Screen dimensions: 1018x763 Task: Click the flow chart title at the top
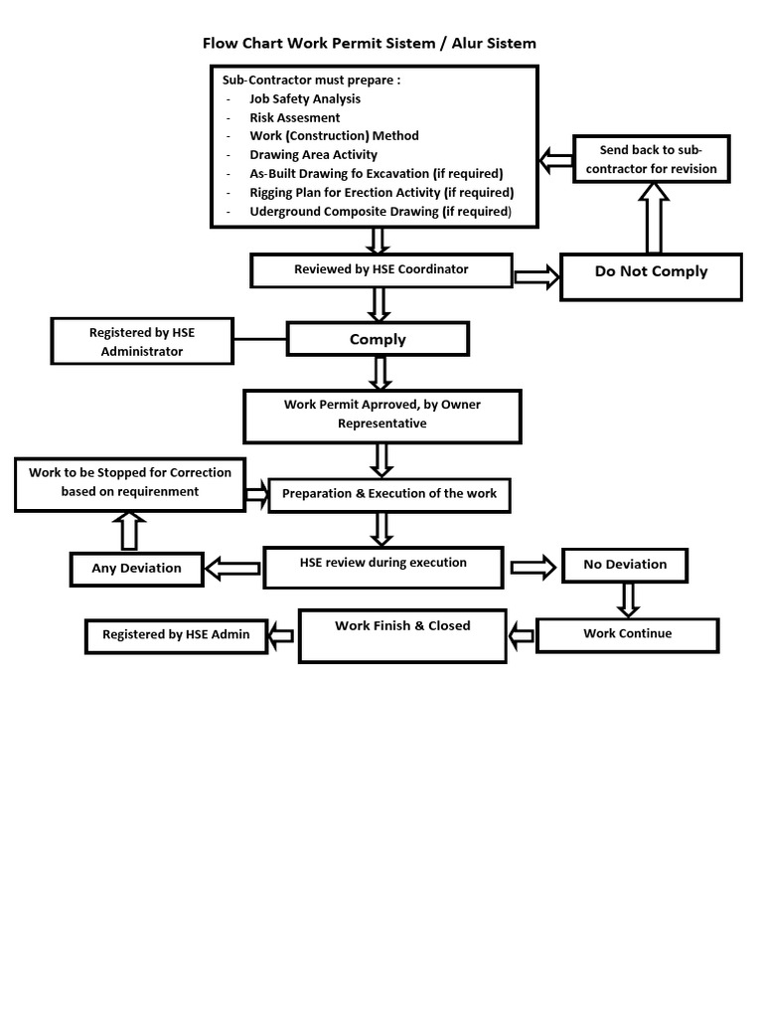click(x=369, y=43)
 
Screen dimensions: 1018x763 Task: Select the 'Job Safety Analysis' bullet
click(x=305, y=98)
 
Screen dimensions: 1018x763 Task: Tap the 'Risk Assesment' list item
click(x=294, y=117)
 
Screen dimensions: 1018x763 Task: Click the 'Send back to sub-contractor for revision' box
click(x=651, y=159)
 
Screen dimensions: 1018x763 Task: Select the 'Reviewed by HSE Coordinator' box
click(x=381, y=269)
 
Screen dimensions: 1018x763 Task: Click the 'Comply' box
click(x=378, y=339)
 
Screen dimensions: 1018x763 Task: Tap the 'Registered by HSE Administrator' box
click(x=142, y=341)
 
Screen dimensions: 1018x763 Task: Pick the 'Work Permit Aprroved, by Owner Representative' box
click(x=382, y=415)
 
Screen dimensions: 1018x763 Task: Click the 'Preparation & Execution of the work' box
click(x=389, y=494)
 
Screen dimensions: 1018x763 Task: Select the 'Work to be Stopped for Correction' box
click(x=130, y=483)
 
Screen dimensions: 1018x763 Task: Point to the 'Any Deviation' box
click(x=136, y=569)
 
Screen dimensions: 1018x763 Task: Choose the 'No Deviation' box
click(x=625, y=565)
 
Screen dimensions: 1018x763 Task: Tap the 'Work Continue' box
click(x=627, y=634)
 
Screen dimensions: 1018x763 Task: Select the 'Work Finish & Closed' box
click(x=402, y=635)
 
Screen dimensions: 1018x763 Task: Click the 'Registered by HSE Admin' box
click(x=176, y=635)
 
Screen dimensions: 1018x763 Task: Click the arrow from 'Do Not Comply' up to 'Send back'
click(x=653, y=220)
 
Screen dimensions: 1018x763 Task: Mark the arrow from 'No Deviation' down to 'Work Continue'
click(x=627, y=599)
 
